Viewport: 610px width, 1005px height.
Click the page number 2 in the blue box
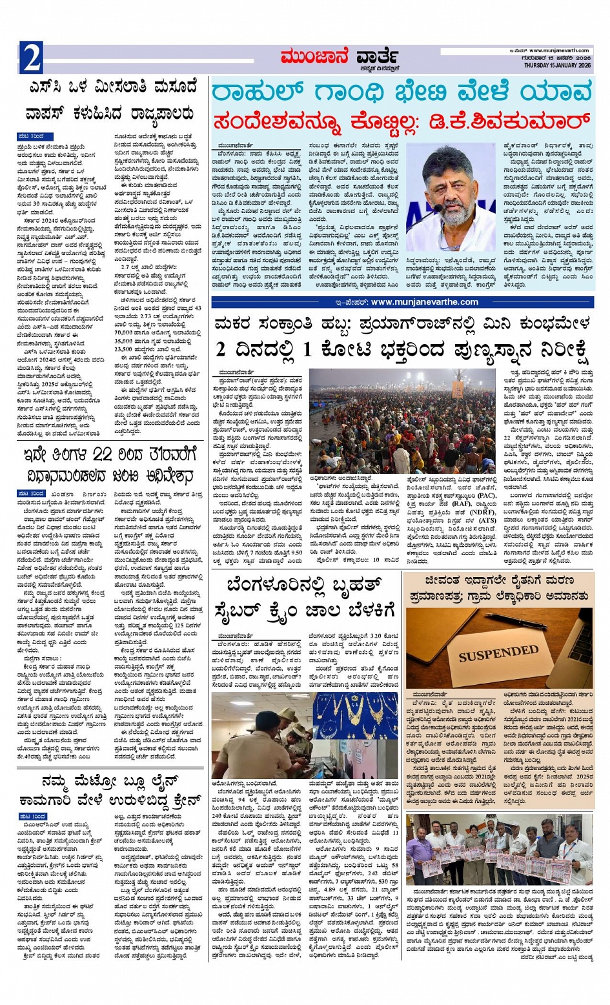(x=31, y=57)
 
